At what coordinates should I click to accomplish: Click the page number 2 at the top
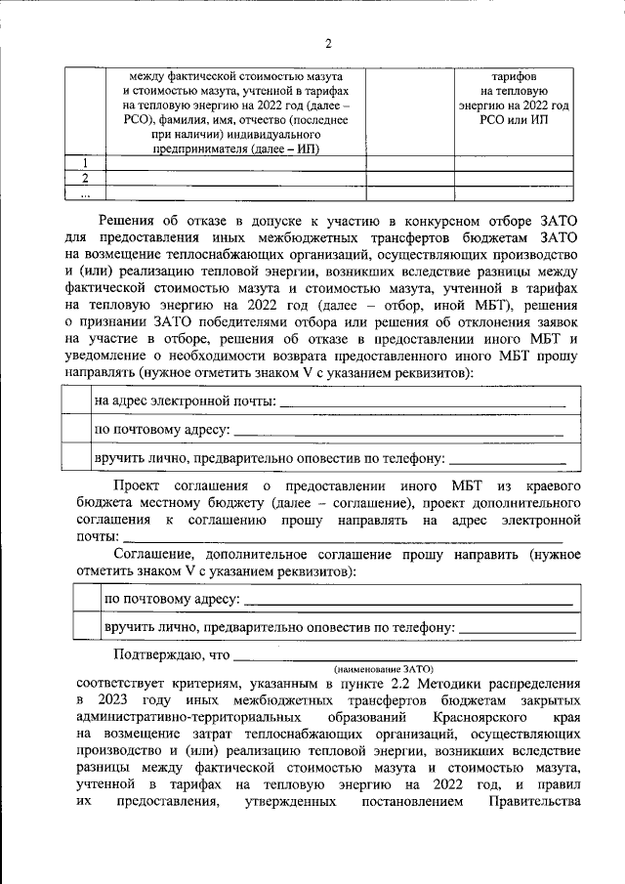tap(328, 43)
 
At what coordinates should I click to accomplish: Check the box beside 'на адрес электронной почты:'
tap(76, 400)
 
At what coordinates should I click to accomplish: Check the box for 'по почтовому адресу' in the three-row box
tap(76, 428)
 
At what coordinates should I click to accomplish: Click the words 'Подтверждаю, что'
tap(171, 653)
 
